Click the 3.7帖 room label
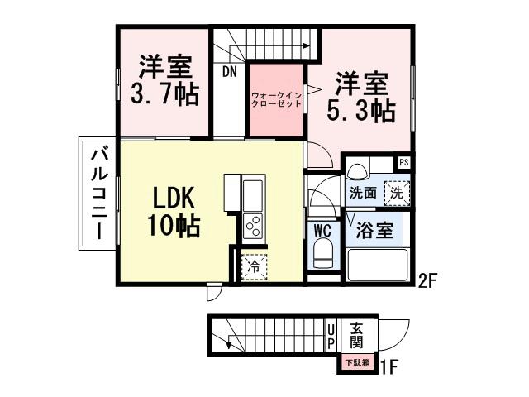[164, 80]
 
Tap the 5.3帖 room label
[364, 97]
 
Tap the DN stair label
[230, 71]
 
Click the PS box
[403, 163]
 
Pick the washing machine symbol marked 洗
[397, 194]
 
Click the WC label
[321, 230]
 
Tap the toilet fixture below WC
[322, 255]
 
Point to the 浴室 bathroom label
[374, 230]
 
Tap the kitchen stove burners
[252, 224]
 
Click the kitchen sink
[252, 194]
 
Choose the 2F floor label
[427, 280]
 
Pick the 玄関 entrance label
[356, 334]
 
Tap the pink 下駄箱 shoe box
[358, 361]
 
